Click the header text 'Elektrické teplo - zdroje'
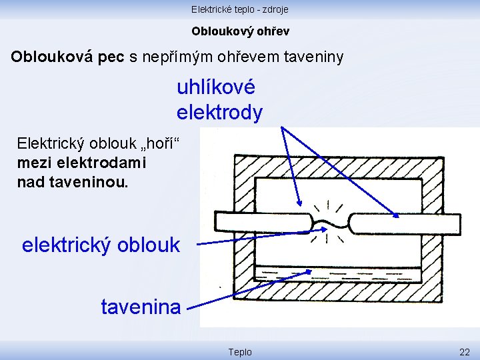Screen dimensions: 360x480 click(240, 9)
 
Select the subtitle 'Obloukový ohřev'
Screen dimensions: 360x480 click(240, 31)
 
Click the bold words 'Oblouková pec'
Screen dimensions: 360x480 click(68, 57)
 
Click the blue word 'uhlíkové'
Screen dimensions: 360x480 click(216, 87)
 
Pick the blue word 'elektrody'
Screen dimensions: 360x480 click(219, 113)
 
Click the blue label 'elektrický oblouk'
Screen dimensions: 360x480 click(101, 245)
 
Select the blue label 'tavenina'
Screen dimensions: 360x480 click(141, 307)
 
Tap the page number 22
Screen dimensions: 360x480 click(464, 351)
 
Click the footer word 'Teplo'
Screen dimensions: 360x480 click(240, 351)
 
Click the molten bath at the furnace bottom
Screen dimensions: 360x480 click(337, 273)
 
